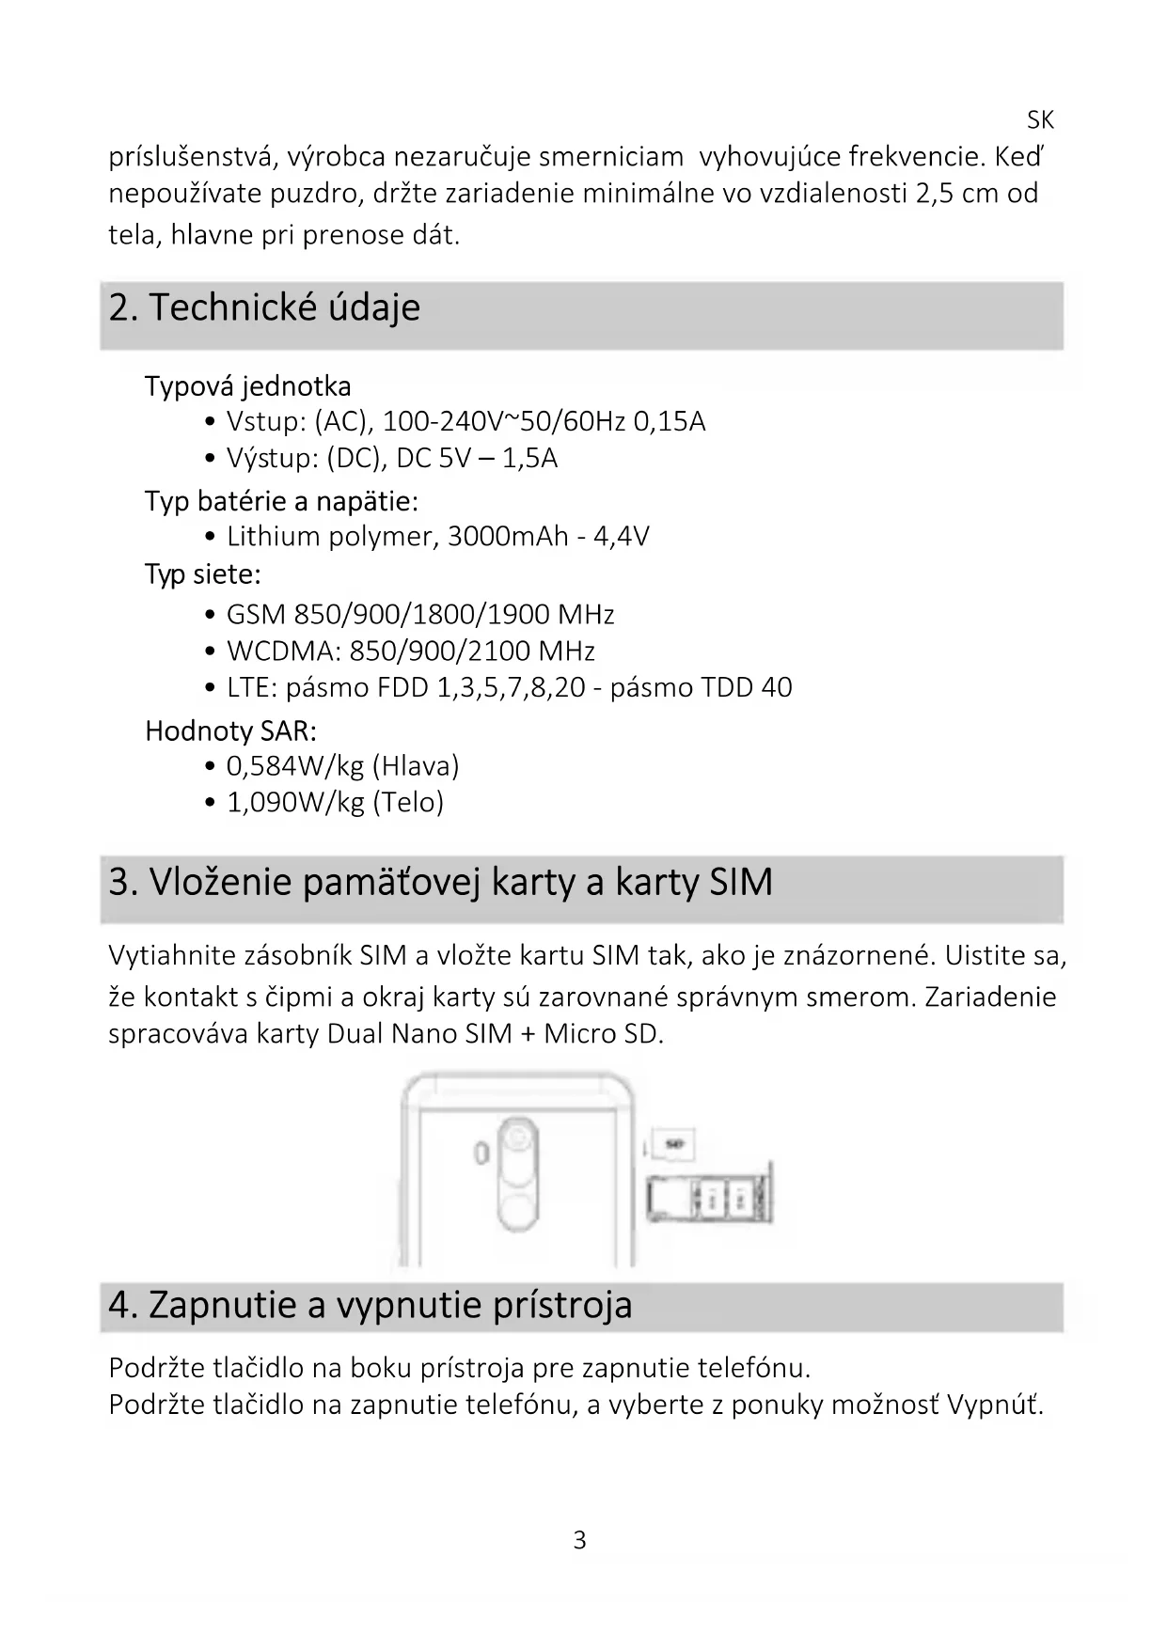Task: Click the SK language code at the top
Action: click(1040, 120)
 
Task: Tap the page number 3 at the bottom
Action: click(579, 1540)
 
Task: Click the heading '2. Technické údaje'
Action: click(264, 308)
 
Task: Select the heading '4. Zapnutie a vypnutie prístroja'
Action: click(370, 1305)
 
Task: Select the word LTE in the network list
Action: click(251, 688)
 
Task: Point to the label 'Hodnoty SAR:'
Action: click(230, 730)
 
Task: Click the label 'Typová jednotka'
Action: click(247, 386)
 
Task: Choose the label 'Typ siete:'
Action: click(202, 573)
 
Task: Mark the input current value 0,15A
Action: click(669, 421)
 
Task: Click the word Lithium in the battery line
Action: click(274, 537)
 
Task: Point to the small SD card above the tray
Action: click(672, 1145)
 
